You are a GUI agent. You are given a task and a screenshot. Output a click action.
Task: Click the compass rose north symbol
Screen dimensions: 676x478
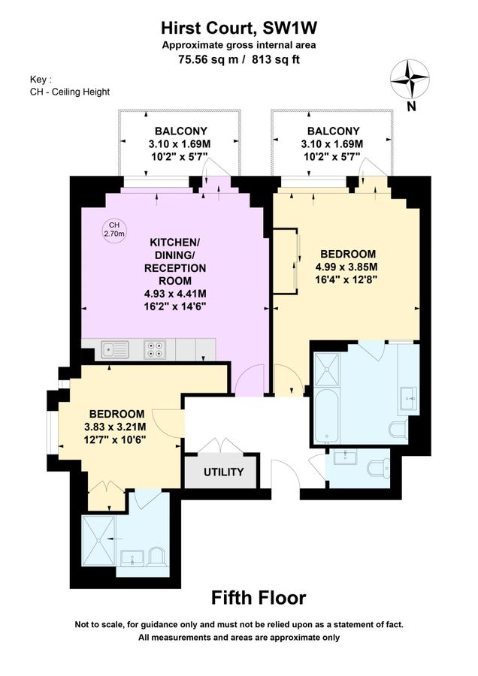(410, 79)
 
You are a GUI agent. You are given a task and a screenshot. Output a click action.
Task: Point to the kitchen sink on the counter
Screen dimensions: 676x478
(116, 349)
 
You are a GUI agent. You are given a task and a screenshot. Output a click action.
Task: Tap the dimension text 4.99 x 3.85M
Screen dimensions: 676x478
(346, 267)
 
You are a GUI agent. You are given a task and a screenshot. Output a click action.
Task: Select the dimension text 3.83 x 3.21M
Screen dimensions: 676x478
(117, 427)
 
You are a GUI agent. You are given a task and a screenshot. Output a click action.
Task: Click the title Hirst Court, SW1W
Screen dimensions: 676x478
(238, 29)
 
